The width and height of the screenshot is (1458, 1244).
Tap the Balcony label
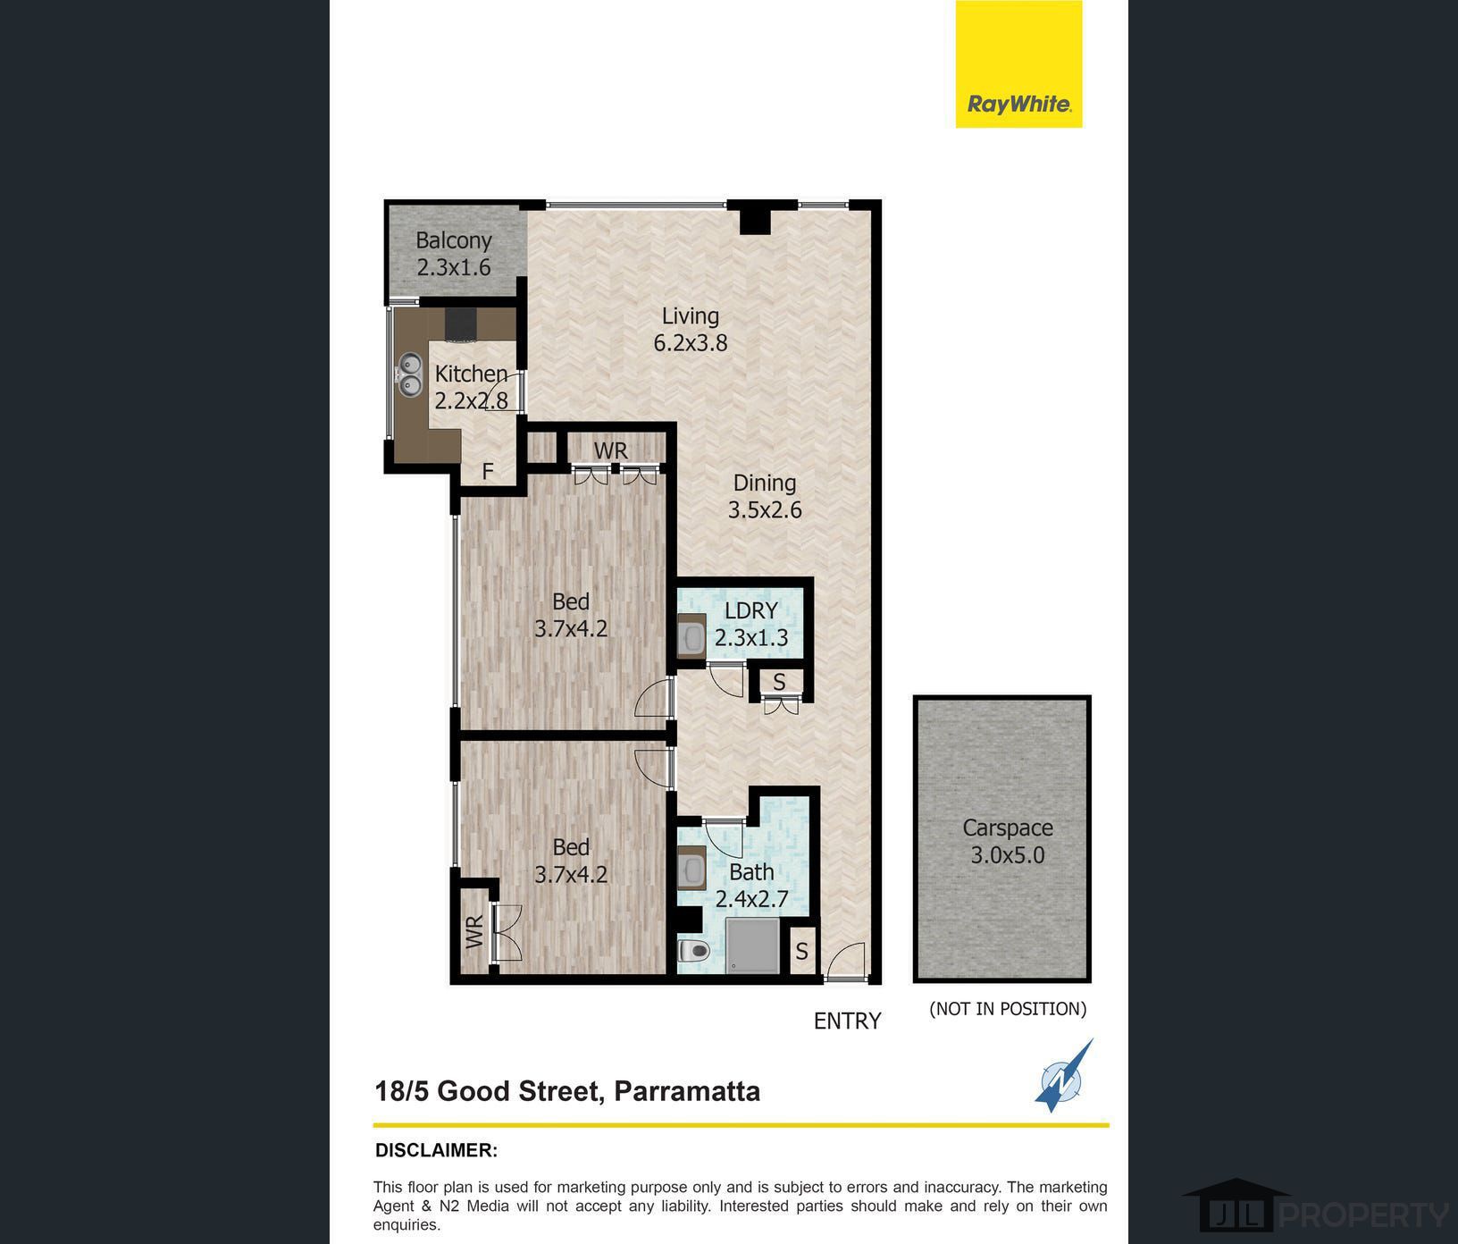tap(454, 253)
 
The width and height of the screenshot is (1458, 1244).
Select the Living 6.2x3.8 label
tap(690, 329)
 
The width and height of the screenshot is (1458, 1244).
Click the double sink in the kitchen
tap(410, 374)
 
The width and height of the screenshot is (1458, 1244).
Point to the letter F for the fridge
tap(488, 471)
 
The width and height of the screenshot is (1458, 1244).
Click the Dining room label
tap(765, 496)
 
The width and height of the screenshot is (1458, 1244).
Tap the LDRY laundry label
tap(751, 624)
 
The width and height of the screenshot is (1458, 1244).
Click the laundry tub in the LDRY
tap(691, 637)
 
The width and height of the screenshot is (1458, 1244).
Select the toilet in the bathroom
tap(693, 950)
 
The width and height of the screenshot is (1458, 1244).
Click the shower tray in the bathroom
tap(752, 945)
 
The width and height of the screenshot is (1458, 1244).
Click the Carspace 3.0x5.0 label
tap(1007, 841)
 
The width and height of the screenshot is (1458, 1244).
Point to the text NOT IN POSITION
tap(1008, 1009)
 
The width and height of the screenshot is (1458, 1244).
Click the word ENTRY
tap(847, 1021)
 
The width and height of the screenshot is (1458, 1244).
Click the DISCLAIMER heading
tap(436, 1150)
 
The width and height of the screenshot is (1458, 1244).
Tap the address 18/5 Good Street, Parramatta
tap(567, 1091)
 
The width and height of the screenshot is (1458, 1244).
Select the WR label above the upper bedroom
tap(610, 450)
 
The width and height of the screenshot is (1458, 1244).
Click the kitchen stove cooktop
tap(462, 325)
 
